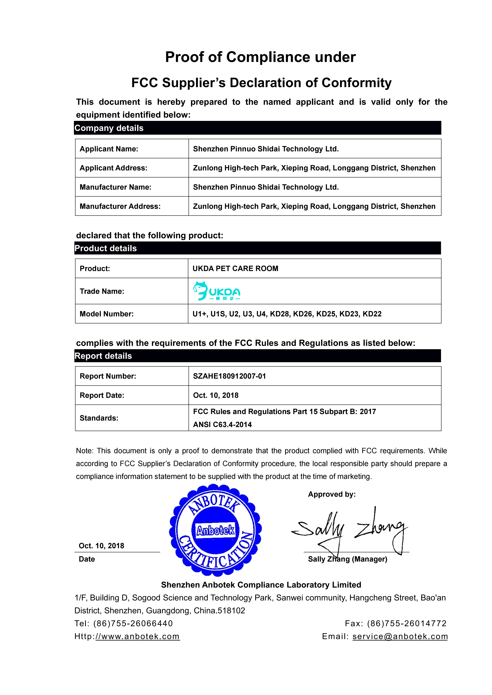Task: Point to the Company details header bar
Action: click(x=258, y=128)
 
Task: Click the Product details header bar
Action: click(x=258, y=248)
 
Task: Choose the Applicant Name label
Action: click(x=109, y=149)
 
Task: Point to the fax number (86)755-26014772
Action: click(x=407, y=623)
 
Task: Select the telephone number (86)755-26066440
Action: click(x=133, y=623)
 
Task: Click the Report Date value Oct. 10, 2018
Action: click(x=216, y=395)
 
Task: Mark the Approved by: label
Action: click(x=332, y=494)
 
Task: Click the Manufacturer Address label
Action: click(x=120, y=206)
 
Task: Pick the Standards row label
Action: click(x=99, y=418)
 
